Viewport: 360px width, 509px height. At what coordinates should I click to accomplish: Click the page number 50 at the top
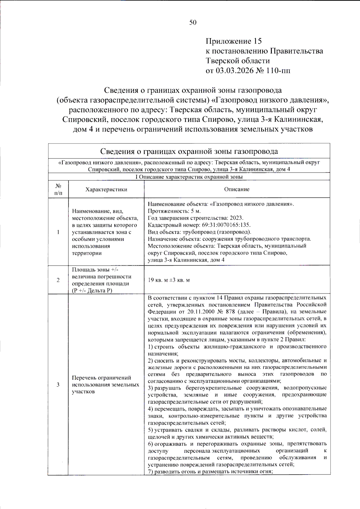tap(193, 23)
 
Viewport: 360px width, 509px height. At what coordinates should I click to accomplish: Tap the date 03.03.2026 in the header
tap(237, 71)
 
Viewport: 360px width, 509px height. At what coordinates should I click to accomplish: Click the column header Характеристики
tap(106, 189)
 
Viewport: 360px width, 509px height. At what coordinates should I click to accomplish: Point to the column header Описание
tap(237, 189)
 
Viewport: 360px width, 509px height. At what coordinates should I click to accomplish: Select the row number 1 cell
tap(58, 232)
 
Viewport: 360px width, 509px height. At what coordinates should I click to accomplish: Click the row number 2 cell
tap(58, 280)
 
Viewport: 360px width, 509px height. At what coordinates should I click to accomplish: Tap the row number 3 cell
tap(58, 385)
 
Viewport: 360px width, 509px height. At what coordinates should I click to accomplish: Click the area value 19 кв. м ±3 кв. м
tap(169, 280)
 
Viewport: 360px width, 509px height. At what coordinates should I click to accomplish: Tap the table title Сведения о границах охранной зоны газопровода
tap(189, 152)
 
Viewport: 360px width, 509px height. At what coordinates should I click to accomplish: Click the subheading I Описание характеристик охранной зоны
tap(189, 177)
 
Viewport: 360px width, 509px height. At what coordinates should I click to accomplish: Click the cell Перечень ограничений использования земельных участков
tap(106, 385)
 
